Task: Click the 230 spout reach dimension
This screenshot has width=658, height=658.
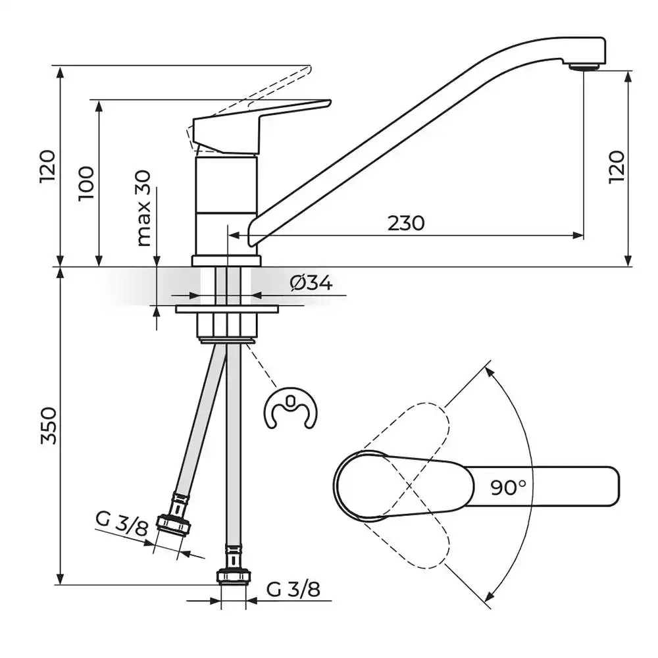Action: point(406,223)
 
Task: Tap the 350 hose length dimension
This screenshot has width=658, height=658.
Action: point(49,425)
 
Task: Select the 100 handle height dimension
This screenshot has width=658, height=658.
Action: point(87,184)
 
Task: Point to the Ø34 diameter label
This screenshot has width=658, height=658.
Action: point(311,283)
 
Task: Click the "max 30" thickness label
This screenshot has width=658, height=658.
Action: point(143,208)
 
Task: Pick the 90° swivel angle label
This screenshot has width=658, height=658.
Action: point(508,487)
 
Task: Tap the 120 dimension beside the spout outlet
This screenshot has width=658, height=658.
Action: point(617,166)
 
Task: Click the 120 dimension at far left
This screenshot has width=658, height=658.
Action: point(47,166)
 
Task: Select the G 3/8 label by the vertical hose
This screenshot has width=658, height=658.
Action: point(293,589)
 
